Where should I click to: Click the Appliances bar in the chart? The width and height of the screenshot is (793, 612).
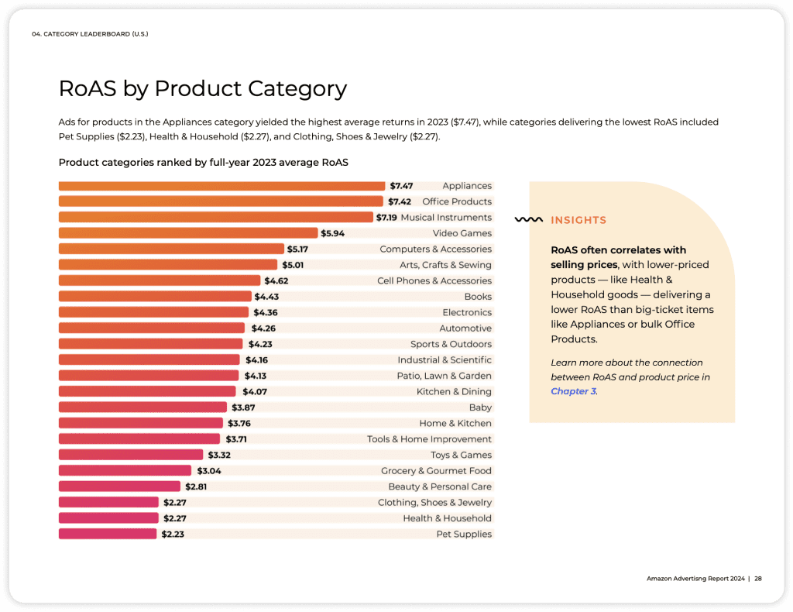[x=221, y=186]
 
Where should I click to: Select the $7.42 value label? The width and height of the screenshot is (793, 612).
[x=400, y=202]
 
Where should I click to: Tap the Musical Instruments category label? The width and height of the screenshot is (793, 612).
[x=446, y=218]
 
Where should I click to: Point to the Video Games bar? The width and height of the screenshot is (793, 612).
[x=188, y=233]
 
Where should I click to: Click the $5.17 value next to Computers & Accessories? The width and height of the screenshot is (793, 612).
[x=297, y=249]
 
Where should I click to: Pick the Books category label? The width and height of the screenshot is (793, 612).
[x=478, y=297]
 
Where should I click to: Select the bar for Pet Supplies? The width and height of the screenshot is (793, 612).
[x=108, y=534]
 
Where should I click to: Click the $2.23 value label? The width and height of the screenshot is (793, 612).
[x=173, y=534]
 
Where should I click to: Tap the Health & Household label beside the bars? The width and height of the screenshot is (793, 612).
[x=447, y=518]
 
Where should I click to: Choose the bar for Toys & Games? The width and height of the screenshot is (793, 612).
[x=131, y=456]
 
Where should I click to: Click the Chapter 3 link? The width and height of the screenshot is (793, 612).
[x=574, y=391]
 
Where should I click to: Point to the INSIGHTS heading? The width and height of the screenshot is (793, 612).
[x=578, y=220]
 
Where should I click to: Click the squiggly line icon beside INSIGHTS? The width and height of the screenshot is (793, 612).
[x=528, y=219]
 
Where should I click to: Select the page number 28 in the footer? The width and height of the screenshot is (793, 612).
[x=758, y=579]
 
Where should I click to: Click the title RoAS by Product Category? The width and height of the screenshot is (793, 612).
[x=203, y=88]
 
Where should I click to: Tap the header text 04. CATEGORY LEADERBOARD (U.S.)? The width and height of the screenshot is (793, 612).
[x=90, y=34]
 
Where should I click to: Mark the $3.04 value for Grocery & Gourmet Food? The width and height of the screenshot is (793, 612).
[x=209, y=471]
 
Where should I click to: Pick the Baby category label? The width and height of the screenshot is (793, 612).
[x=480, y=407]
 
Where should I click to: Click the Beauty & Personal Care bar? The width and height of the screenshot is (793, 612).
[x=119, y=487]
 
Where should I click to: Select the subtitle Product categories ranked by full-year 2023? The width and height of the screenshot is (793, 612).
[x=204, y=163]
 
